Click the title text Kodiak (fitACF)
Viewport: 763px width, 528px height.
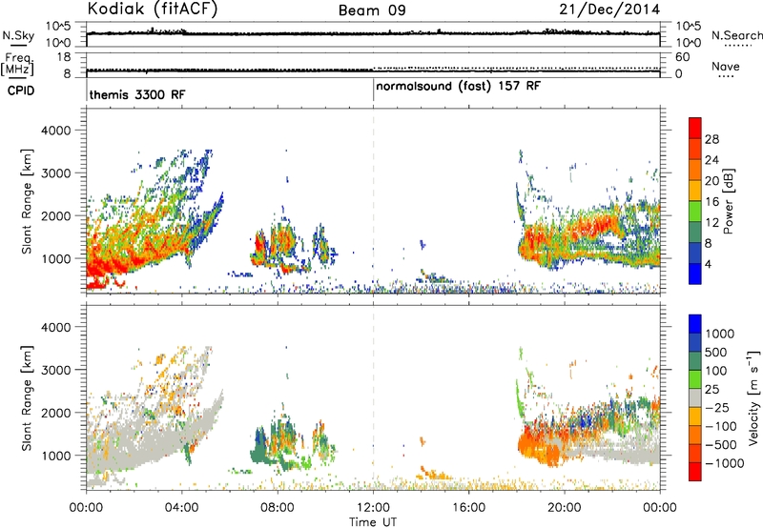click(153, 10)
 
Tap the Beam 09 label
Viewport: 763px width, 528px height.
click(372, 10)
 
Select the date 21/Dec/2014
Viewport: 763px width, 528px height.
click(609, 10)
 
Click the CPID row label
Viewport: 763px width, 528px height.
click(21, 91)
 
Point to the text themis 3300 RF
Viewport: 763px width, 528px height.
click(137, 94)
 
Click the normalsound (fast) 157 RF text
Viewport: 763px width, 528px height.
click(458, 87)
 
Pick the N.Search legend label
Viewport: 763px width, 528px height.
click(736, 35)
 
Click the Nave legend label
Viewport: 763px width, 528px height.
click(725, 67)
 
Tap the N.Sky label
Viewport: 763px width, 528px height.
click(18, 35)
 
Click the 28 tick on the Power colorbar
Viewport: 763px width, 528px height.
click(711, 139)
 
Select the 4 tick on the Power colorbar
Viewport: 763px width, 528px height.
click(708, 264)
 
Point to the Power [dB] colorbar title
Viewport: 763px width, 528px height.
click(729, 201)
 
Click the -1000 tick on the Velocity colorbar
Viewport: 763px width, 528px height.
click(725, 463)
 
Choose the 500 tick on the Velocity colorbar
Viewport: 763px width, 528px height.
click(716, 353)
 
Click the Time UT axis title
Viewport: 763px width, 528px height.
click(373, 522)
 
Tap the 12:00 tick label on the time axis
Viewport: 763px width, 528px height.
click(373, 508)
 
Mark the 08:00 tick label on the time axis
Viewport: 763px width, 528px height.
click(278, 508)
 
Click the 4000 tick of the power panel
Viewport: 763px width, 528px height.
click(56, 131)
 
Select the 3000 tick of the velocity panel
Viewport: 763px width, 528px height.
click(56, 370)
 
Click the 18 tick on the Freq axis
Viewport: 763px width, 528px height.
click(64, 57)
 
